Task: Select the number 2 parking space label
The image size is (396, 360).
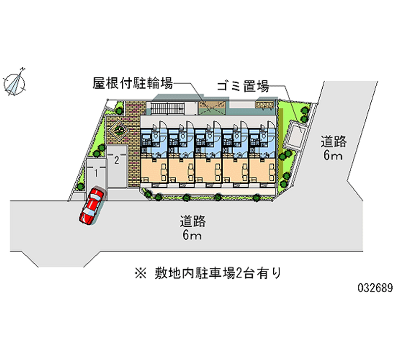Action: (116, 159)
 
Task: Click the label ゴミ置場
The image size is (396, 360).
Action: (243, 87)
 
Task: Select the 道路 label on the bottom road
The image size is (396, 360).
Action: (193, 221)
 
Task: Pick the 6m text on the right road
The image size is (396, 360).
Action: (333, 157)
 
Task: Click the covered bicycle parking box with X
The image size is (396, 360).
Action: (211, 107)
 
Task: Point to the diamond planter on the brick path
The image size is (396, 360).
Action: (119, 130)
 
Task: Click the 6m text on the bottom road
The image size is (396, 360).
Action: (192, 235)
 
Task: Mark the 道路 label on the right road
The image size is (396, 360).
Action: (333, 142)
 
